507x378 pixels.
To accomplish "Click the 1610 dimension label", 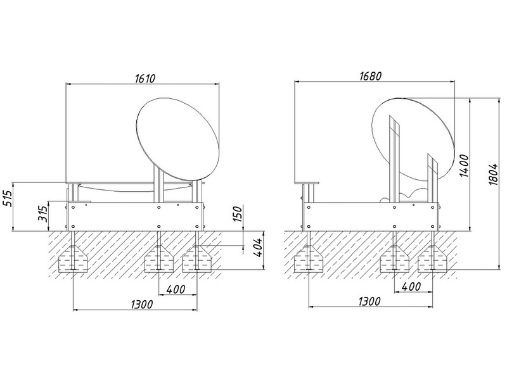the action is coord(145,79).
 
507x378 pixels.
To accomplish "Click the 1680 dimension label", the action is coord(371,76).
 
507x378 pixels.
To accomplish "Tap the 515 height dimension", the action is coord(7,198).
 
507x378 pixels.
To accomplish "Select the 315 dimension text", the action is coord(43,213).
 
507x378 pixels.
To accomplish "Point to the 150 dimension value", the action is coord(237,213).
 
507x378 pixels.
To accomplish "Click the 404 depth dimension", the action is coord(259,248).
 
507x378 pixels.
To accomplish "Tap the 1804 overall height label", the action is coord(493,174).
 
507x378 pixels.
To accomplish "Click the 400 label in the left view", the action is coord(176,289).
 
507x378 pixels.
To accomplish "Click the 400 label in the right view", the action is coord(411,286).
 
